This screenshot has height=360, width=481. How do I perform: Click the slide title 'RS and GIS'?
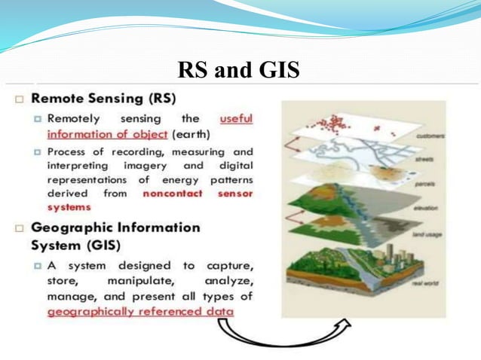point(238,70)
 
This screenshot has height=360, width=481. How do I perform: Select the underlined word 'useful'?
point(236,119)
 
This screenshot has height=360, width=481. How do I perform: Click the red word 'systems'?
point(69,207)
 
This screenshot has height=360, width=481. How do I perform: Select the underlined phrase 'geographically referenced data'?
point(140,312)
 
